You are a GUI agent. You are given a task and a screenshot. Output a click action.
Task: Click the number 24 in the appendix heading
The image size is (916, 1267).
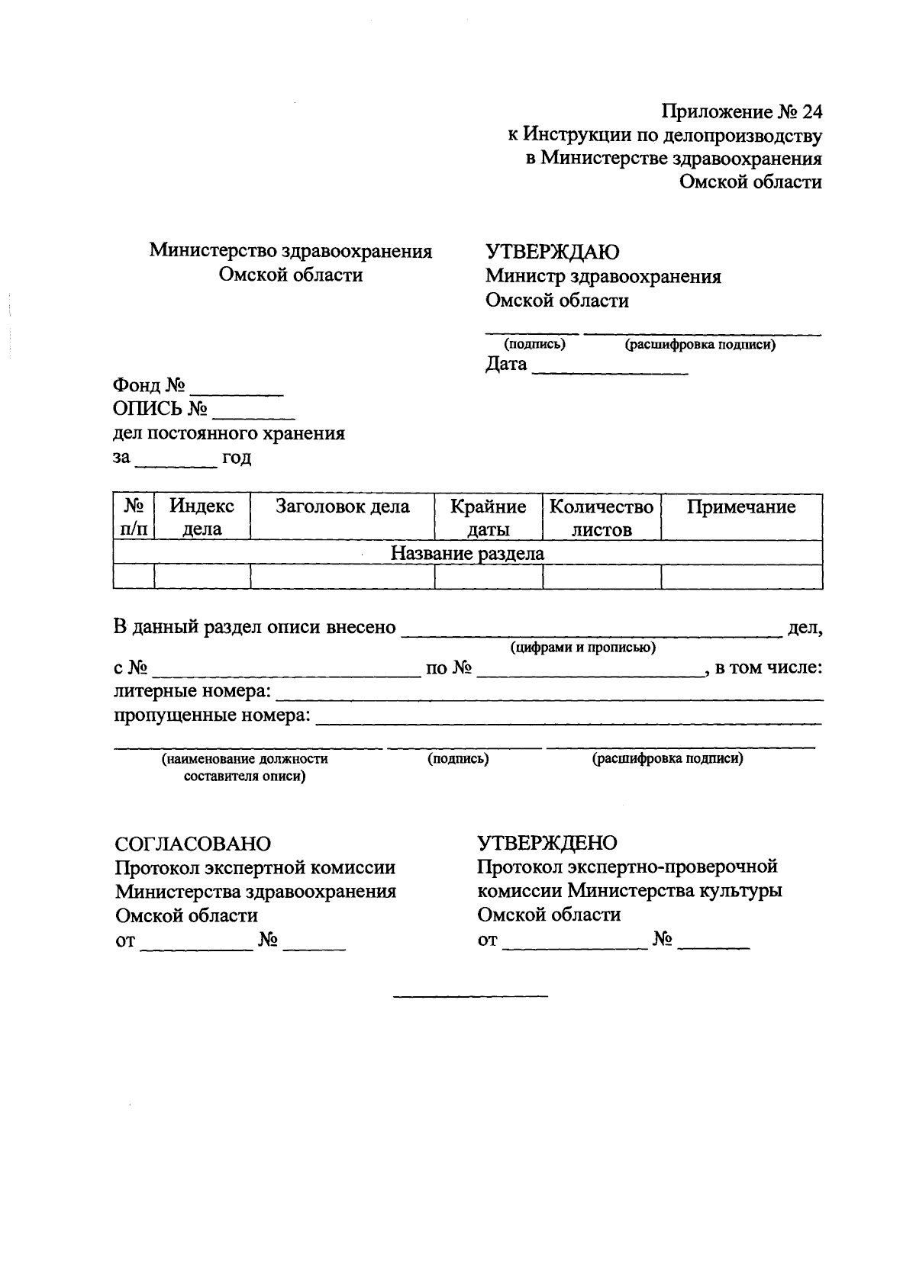coord(811,112)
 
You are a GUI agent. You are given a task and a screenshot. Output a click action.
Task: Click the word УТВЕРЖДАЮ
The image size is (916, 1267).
coord(553,252)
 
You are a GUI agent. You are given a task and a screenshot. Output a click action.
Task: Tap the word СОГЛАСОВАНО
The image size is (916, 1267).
coord(192,844)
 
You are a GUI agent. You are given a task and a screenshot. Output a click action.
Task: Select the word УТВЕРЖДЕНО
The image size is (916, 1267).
coord(547,843)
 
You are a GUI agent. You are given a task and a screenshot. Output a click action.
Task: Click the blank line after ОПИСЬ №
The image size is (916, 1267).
coord(254,418)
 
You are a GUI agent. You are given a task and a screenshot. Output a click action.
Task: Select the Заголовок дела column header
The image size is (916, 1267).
coord(342,507)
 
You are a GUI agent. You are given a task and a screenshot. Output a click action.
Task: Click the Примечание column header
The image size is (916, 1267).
coord(741,507)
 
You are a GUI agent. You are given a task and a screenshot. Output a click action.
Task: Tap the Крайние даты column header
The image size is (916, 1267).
coord(488,518)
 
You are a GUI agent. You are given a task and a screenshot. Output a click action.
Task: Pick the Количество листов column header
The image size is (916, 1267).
coord(602,518)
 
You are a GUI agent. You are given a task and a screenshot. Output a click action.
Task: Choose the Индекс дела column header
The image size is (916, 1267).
coord(202,518)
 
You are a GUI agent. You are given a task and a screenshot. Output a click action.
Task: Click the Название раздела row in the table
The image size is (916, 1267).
coord(467,553)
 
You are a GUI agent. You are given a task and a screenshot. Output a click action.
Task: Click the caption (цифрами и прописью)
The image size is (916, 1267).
coord(583,648)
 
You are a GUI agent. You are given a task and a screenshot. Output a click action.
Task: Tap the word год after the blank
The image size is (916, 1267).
coord(237,458)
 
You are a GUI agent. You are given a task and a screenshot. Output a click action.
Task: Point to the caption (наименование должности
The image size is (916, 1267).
coord(244,759)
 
